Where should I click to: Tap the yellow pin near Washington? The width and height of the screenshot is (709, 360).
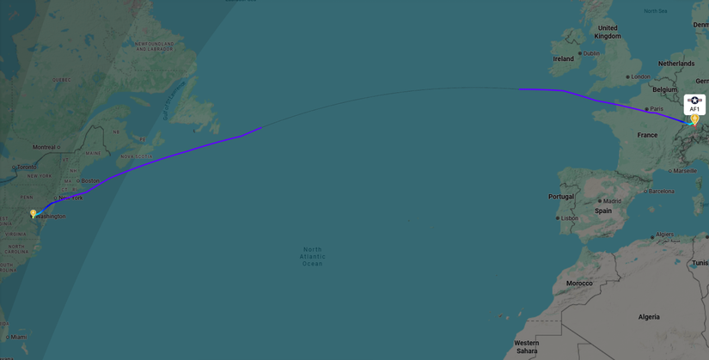pos(34,213)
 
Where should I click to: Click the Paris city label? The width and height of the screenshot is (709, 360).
pos(657,109)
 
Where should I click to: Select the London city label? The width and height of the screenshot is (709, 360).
pos(640,76)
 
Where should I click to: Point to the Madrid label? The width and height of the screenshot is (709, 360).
pos(611,201)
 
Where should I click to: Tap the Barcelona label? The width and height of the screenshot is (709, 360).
pos(661,191)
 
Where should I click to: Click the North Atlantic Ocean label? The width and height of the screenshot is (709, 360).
pos(312,257)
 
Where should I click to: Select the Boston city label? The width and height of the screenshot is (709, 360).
pos(90,180)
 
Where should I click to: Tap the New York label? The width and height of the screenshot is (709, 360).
pos(70,198)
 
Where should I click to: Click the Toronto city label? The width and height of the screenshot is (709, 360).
pos(27,167)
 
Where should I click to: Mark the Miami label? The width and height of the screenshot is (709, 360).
pos(19,337)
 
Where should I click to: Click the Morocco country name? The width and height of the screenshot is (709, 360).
pos(579,283)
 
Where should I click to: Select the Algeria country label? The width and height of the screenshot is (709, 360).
pos(649,317)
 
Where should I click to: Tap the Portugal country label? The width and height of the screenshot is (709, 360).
pos(561,197)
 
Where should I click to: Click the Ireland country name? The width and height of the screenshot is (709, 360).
pos(563,59)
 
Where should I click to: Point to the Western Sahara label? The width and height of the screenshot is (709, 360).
pos(527,346)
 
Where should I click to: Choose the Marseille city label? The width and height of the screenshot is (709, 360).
pos(685,171)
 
